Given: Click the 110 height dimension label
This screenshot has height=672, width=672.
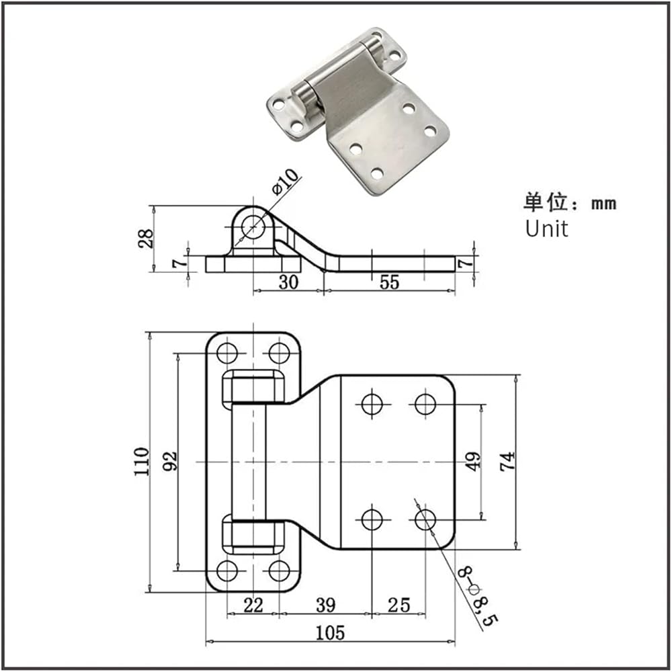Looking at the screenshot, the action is point(142,462).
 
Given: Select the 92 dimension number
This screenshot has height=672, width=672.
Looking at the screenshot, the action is point(170,461).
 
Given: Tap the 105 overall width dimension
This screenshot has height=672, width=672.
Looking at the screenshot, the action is point(330,633).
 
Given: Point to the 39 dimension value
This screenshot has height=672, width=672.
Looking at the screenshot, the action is point(326,605).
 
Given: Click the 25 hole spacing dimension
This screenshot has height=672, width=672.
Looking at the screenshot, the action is point(399,605).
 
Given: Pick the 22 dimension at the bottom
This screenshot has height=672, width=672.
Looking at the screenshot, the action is point(253,605).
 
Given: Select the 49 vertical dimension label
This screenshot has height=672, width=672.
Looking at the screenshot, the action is point(474,461).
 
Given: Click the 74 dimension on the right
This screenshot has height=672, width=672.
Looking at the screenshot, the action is point(508,461).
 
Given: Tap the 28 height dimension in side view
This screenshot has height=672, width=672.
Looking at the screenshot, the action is point(145,239).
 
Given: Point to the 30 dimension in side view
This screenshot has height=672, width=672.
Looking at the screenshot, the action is point(288,282).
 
